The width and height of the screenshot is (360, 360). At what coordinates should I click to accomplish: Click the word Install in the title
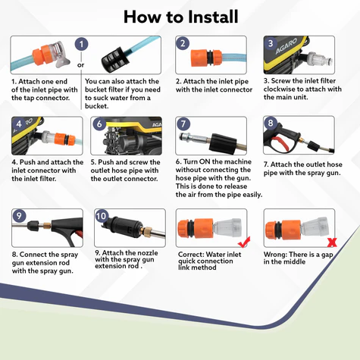pyautogui.click(x=213, y=17)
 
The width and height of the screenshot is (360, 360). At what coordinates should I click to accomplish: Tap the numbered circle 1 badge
pyautogui.click(x=81, y=45)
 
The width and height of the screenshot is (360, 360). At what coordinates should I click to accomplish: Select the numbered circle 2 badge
pyautogui.click(x=183, y=43)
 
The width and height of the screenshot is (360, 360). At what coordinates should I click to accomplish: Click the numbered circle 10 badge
pyautogui.click(x=102, y=216)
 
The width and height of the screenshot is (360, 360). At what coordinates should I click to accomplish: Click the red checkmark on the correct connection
pyautogui.click(x=244, y=242)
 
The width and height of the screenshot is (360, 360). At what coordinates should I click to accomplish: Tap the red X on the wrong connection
pyautogui.click(x=332, y=243)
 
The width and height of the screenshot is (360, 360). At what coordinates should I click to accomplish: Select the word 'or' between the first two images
pyautogui.click(x=81, y=65)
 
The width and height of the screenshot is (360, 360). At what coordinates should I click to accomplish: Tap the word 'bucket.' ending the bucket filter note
pyautogui.click(x=97, y=106)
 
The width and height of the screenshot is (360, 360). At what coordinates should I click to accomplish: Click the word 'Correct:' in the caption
pyautogui.click(x=191, y=254)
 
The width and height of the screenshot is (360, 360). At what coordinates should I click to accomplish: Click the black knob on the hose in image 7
pyautogui.click(x=223, y=142)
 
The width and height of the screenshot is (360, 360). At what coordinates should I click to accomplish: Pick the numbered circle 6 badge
pyautogui.click(x=99, y=124)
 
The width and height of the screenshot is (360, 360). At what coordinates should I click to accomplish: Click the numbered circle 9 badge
pyautogui.click(x=19, y=216)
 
